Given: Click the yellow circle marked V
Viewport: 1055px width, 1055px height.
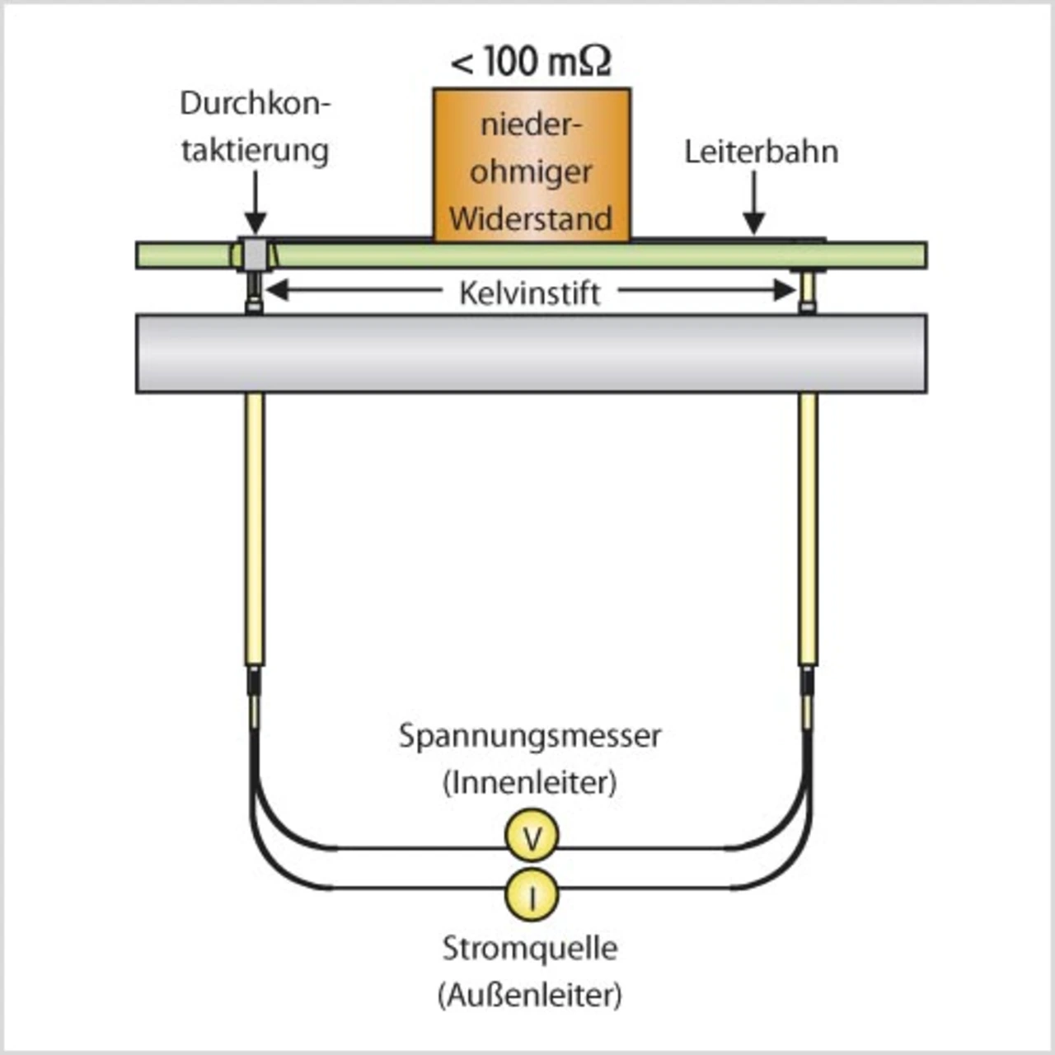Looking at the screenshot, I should point(532,837).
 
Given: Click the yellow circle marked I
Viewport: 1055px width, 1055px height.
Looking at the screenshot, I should point(532,895).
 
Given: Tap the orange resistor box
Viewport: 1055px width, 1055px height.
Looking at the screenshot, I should point(532,164).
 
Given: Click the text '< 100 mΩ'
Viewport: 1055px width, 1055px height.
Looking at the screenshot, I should point(531,62).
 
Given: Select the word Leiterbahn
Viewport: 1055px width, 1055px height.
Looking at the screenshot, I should point(761,152).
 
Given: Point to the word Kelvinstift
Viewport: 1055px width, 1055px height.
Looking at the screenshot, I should point(529,293).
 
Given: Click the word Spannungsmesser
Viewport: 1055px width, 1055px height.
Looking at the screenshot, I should point(530,735).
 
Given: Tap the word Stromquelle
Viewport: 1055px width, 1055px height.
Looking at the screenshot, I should point(530,948).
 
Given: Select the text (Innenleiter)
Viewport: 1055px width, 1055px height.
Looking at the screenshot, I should point(530,782).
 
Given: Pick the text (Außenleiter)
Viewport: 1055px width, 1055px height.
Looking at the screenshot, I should point(530,996).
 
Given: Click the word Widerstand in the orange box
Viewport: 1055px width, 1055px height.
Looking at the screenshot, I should point(531,219).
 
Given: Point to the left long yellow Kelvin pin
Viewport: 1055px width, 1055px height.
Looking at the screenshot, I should point(255,527).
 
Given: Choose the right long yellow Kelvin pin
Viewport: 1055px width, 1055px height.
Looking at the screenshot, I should point(808,527).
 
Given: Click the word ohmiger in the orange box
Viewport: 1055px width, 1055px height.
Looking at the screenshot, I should point(531,172).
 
